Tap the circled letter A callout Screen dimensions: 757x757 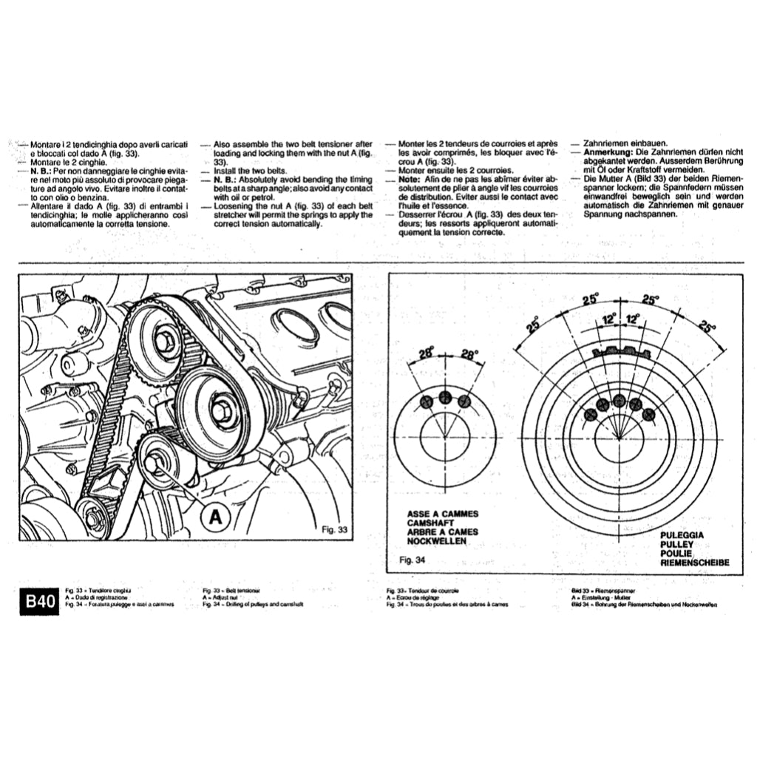pyautogui.click(x=214, y=517)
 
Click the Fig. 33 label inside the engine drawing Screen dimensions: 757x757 pyautogui.click(x=335, y=529)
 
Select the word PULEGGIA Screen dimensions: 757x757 pyautogui.click(x=682, y=534)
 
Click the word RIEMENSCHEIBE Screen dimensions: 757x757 pyautogui.click(x=695, y=563)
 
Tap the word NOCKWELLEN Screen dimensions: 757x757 pyautogui.click(x=437, y=541)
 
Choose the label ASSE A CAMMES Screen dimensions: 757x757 pyautogui.click(x=443, y=513)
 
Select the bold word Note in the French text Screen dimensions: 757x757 pyautogui.click(x=408, y=179)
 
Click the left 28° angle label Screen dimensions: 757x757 pyautogui.click(x=425, y=354)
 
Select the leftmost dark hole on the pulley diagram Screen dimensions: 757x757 pyautogui.click(x=590, y=415)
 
